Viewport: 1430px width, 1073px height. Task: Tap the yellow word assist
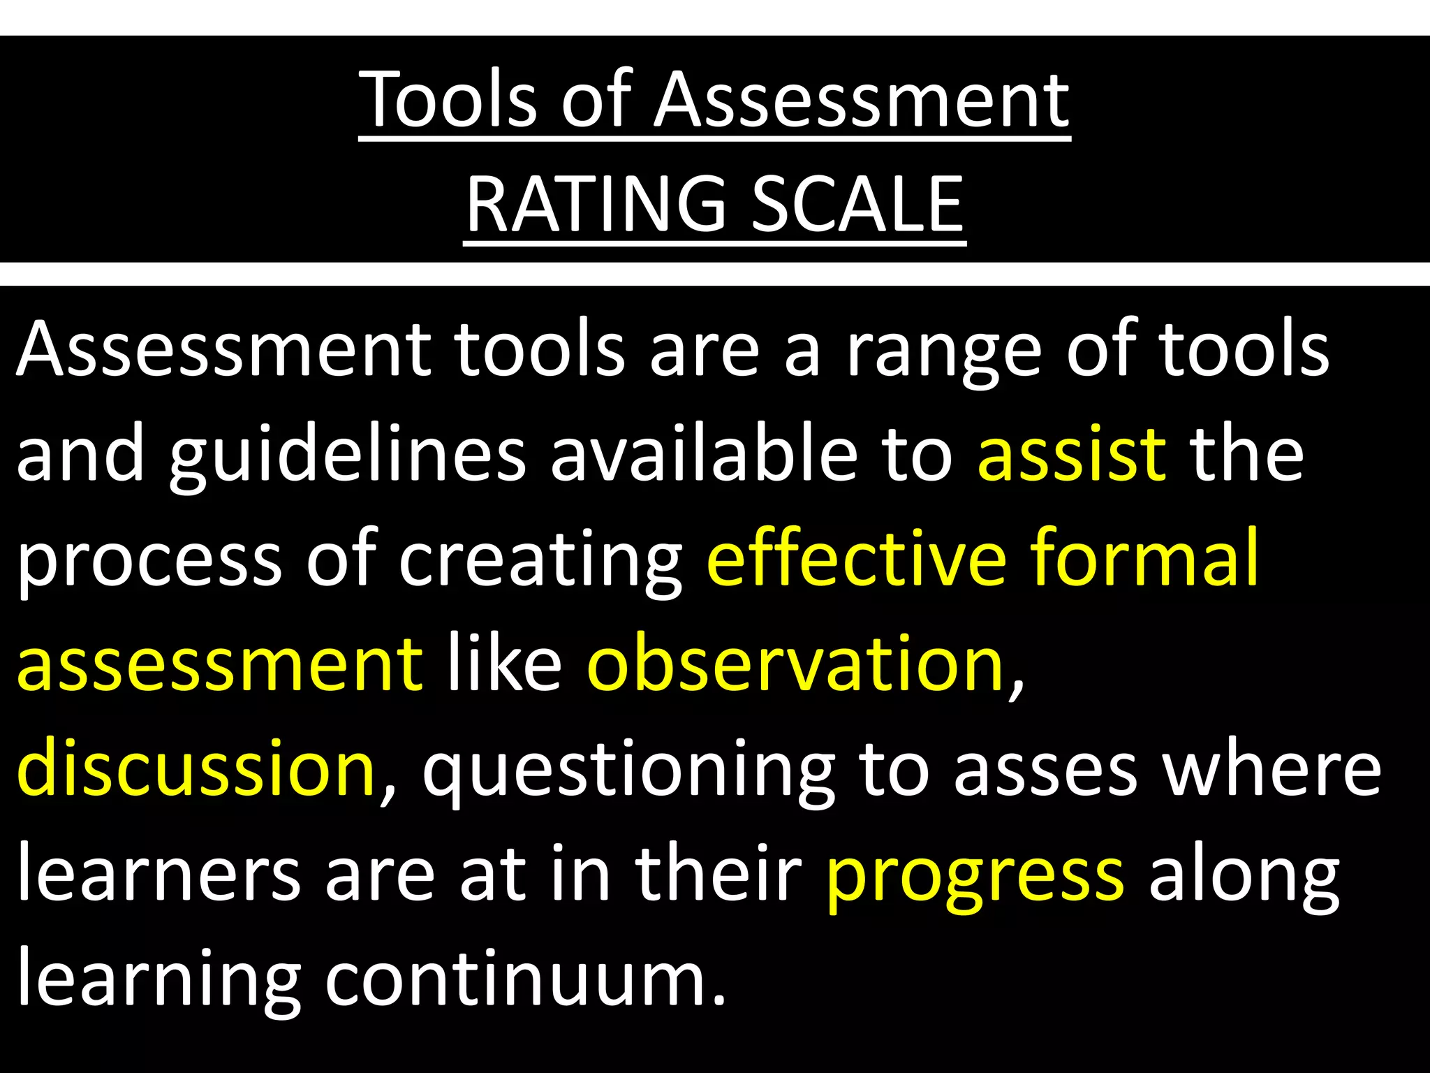pyautogui.click(x=1071, y=454)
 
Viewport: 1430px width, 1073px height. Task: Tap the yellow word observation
pyautogui.click(x=796, y=664)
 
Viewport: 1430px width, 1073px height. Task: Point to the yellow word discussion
pyautogui.click(x=196, y=768)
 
